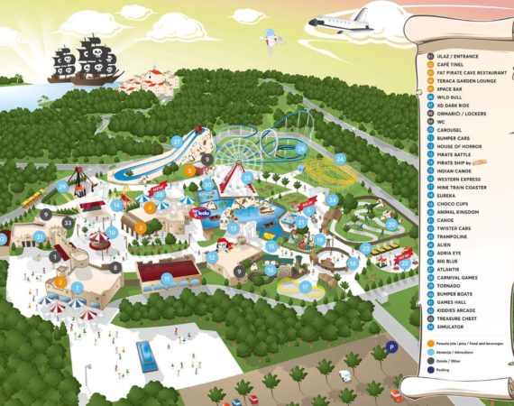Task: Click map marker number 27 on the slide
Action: [x=176, y=141]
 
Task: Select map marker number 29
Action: [x=62, y=186]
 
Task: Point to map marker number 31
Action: [x=40, y=235]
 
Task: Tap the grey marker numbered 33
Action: [x=68, y=222]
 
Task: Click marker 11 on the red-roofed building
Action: [x=167, y=278]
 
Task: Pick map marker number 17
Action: [x=306, y=286]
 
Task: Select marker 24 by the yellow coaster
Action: [x=340, y=159]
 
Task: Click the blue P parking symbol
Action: [x=391, y=346]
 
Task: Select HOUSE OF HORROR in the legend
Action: [x=461, y=146]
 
